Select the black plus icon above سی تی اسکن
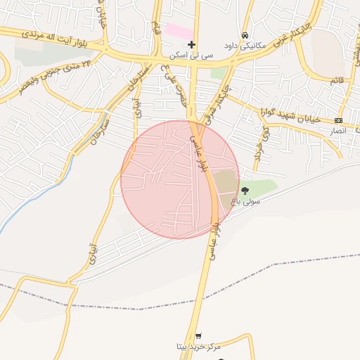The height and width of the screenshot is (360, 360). click(191, 45)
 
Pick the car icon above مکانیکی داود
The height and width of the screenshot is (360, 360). click(244, 35)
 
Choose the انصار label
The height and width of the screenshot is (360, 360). click(338, 131)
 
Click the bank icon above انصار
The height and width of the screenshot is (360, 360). click(339, 120)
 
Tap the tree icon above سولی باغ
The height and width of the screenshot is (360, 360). click(245, 191)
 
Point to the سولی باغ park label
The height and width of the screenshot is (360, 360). click(247, 201)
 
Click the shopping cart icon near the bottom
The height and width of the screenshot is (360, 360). click(199, 336)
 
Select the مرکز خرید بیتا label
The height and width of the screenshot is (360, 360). click(199, 347)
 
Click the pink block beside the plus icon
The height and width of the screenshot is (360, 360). click(179, 32)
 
